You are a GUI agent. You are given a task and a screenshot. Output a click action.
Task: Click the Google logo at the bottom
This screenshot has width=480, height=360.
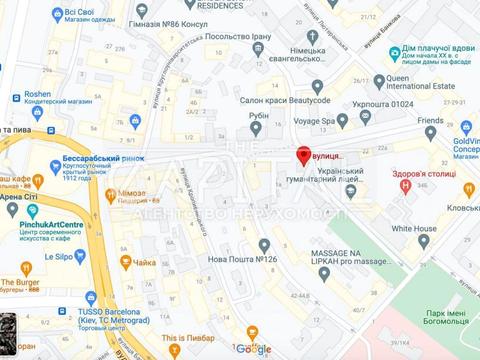[x=254, y=349]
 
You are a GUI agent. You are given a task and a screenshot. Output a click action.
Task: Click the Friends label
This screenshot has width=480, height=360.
[x=430, y=120]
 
